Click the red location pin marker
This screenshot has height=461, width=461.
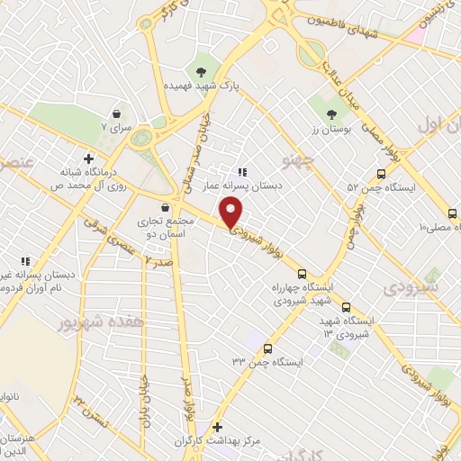(x=232, y=212)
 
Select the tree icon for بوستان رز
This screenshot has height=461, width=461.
(x=332, y=114)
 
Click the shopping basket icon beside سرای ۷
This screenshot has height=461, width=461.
(x=118, y=113)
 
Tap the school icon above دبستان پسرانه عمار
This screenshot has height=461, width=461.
(x=241, y=172)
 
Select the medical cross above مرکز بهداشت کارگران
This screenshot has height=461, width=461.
(x=215, y=427)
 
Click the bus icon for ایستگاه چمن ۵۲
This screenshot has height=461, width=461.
(x=381, y=175)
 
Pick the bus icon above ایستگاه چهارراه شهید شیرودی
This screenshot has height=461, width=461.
(x=302, y=274)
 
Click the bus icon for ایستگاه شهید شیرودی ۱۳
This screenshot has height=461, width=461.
(x=347, y=306)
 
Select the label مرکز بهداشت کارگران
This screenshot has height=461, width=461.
(x=211, y=443)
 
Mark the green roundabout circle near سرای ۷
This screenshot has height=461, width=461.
(x=141, y=138)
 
